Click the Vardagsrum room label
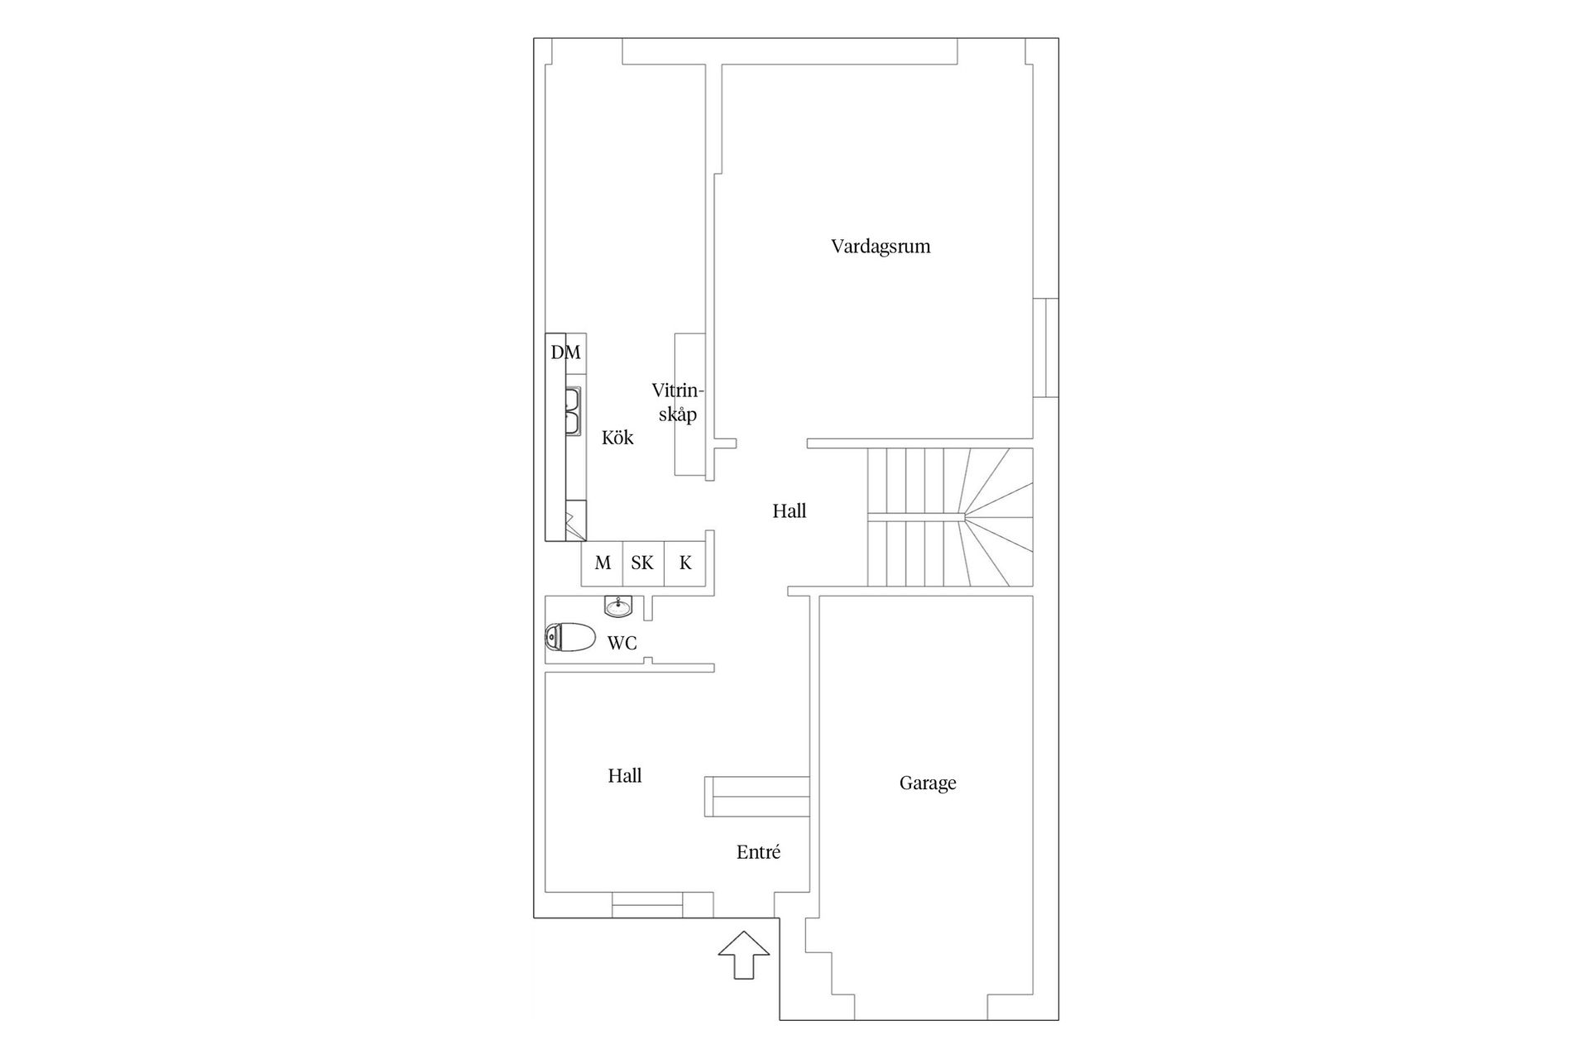pos(881,247)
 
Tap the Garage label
pos(928,783)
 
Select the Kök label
pos(617,438)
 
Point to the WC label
pos(622,643)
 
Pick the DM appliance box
pos(566,352)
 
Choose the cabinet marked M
pos(602,563)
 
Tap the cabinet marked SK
pos(642,563)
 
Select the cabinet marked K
pos(685,563)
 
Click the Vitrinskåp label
pos(677,402)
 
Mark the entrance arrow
pos(743,955)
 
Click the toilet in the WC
pos(571,638)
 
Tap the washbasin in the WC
pos(617,606)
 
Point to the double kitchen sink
pos(573,411)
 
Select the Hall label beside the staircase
pos(790,511)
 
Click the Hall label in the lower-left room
pos(625,776)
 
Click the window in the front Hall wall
pos(647,905)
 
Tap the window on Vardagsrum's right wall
pos(1046,347)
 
